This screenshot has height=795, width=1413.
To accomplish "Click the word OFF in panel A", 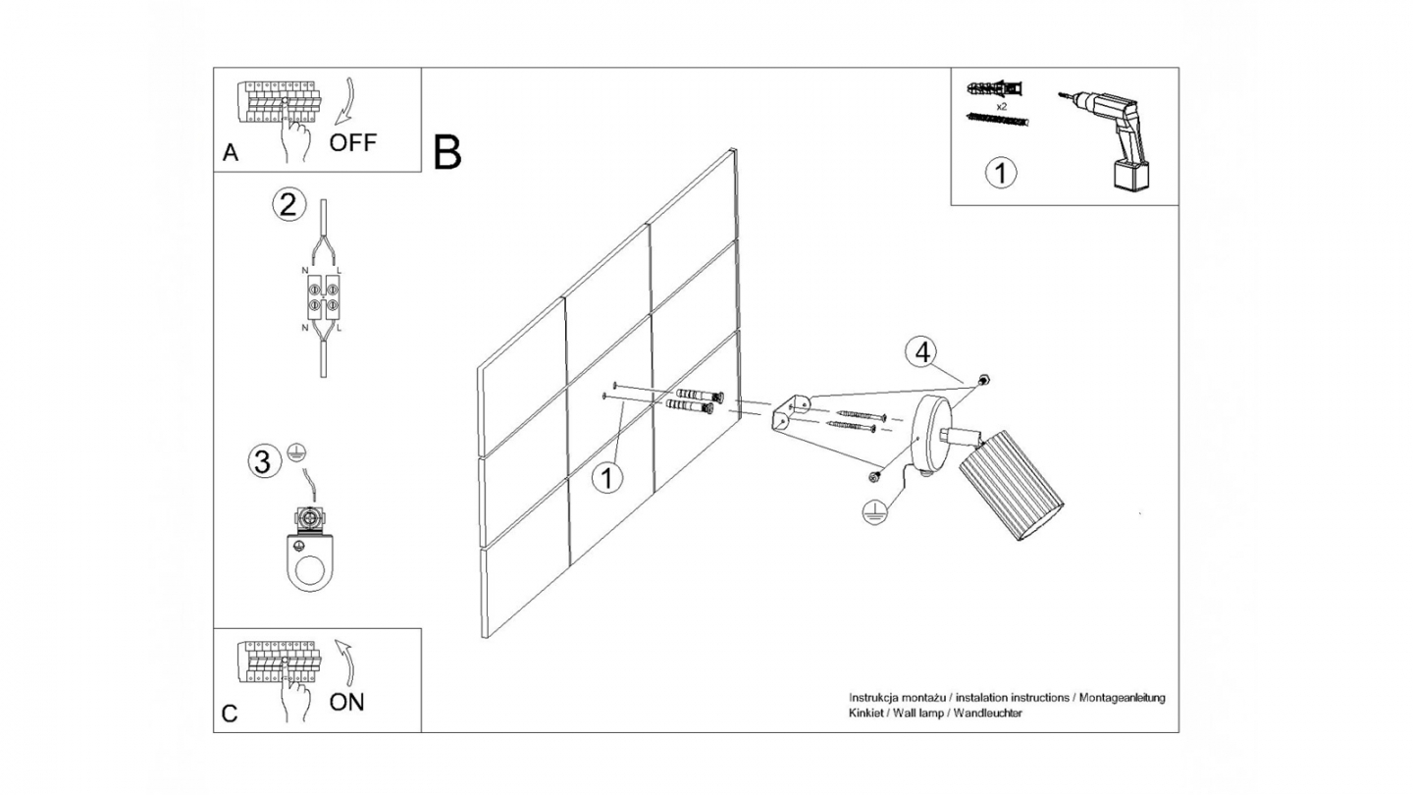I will (x=352, y=142).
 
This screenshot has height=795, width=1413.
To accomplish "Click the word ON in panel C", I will (x=347, y=702).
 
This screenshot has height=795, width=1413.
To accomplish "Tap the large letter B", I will (x=447, y=153).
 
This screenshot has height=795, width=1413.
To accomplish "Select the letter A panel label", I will (x=231, y=152).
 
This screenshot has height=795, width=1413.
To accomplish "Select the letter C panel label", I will (x=230, y=714).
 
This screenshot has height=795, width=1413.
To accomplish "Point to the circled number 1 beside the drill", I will (x=1001, y=174).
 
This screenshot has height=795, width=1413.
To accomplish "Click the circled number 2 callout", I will (x=287, y=205).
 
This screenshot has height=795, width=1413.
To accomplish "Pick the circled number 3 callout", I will (x=262, y=461).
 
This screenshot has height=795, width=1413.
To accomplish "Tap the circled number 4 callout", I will (x=920, y=352).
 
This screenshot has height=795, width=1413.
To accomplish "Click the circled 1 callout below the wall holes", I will (x=608, y=478).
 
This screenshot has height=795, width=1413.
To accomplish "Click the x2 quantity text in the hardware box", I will (x=1002, y=104).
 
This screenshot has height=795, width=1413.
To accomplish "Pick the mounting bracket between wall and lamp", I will (x=792, y=412).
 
